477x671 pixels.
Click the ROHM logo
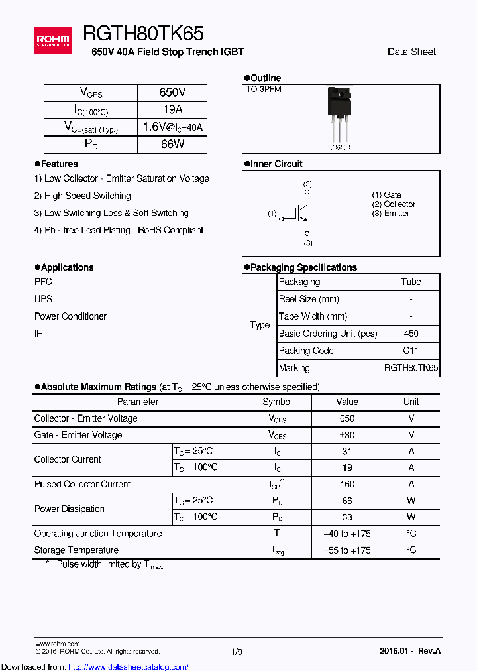pos(52,40)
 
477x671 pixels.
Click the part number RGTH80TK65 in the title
pos(143,34)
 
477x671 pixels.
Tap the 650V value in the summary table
pos(172,93)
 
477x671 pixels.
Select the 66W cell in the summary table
pos(172,144)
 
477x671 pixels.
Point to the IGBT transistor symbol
pos(300,213)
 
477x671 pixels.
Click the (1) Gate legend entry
pos(387,195)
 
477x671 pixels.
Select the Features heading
pos(59,164)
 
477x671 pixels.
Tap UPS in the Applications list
pos(43,299)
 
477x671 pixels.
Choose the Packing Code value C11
pos(411,351)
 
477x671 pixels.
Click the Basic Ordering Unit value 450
pos(411,334)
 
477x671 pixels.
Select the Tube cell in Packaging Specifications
pos(411,282)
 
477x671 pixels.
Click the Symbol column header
pos(277,402)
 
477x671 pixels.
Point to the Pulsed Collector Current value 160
pos(347,484)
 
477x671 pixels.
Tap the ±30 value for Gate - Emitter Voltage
pos(347,435)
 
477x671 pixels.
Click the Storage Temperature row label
pos(76,550)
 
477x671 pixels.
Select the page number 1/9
pos(237,652)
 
